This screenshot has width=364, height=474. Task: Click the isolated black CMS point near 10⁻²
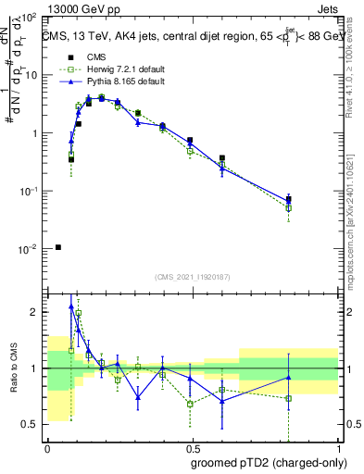58,247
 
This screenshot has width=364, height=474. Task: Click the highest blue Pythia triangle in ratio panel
71,306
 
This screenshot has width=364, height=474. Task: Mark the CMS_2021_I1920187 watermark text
192,277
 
